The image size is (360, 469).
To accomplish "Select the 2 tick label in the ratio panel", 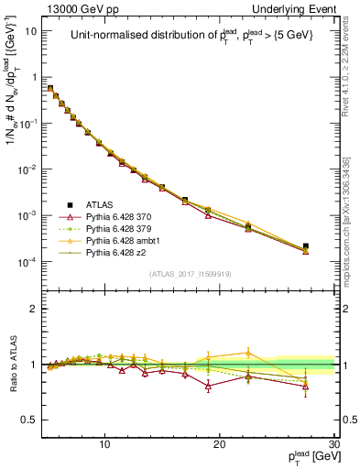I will pos(34,309).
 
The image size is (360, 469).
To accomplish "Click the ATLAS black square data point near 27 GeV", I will pos(306,246).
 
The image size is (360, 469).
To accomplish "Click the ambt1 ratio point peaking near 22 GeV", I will pos(248,353).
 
